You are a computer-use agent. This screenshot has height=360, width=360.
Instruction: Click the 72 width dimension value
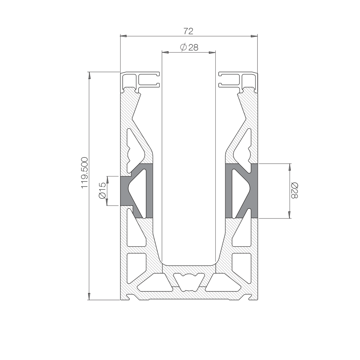pos(188,31)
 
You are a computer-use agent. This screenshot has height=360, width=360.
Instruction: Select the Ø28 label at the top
pos(189,48)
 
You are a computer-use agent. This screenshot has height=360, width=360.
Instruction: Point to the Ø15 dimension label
pos(102,191)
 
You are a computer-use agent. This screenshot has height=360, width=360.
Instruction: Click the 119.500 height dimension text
pos(85,173)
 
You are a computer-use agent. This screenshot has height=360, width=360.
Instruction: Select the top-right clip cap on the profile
pos(238,81)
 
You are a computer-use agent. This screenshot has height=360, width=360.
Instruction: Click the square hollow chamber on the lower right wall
pos(242,266)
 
